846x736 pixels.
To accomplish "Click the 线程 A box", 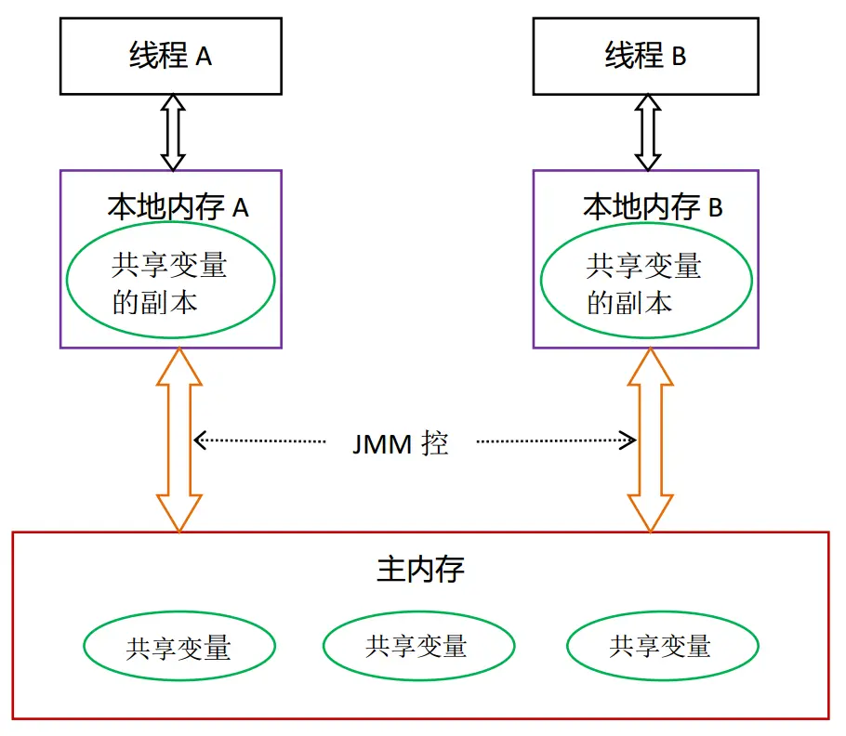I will (x=170, y=56).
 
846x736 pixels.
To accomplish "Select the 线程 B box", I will (x=645, y=56).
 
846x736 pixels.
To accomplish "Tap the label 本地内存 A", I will (x=178, y=206).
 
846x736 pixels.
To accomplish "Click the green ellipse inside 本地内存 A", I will (x=170, y=283).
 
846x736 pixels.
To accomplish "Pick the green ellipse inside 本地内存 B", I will (x=645, y=283).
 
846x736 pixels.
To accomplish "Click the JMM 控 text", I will (x=400, y=443).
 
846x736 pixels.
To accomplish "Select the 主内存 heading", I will (x=420, y=569).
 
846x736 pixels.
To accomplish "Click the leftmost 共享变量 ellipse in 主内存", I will (x=178, y=647).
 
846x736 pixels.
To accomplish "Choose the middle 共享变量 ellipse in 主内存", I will (x=418, y=645).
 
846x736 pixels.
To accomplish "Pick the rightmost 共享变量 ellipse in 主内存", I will (x=661, y=645).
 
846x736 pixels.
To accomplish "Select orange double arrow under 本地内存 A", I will (x=178, y=440).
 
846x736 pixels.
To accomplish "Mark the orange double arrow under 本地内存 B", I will (x=650, y=440).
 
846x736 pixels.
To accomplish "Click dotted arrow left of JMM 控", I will (x=260, y=440).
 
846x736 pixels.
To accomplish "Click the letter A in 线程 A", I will (x=204, y=57).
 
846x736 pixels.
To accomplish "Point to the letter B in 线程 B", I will (x=679, y=57).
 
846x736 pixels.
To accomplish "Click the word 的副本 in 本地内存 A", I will (x=155, y=302).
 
